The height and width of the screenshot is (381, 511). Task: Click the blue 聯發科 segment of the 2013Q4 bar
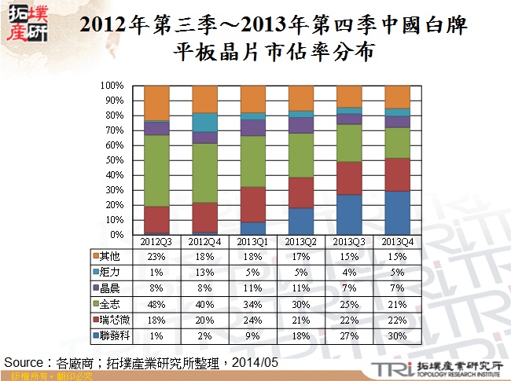point(397,213)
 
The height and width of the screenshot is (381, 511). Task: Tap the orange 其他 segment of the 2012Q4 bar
point(204,99)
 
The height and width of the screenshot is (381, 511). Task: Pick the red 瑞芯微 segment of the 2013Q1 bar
point(252,204)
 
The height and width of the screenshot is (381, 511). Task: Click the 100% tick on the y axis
point(112,85)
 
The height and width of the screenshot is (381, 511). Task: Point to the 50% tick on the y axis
point(115,160)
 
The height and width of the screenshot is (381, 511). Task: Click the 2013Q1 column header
point(252,242)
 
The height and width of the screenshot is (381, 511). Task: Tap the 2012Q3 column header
point(156,242)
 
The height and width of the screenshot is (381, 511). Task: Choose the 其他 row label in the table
point(109,255)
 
